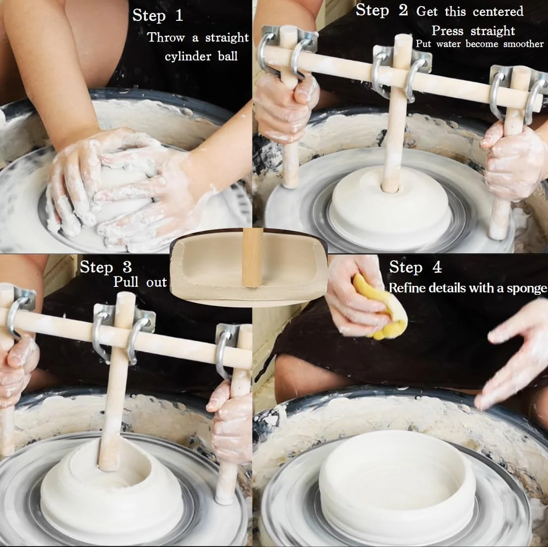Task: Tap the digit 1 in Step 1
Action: (x=180, y=15)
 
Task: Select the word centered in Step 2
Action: (x=498, y=11)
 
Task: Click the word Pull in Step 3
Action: (x=126, y=282)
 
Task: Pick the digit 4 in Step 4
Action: (x=437, y=268)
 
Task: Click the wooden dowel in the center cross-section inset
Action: (x=252, y=258)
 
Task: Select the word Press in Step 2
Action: (x=447, y=31)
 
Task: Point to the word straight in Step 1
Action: (x=227, y=38)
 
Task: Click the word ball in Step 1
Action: (x=228, y=56)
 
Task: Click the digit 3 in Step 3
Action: (x=127, y=268)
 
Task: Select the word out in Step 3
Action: (x=156, y=282)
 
